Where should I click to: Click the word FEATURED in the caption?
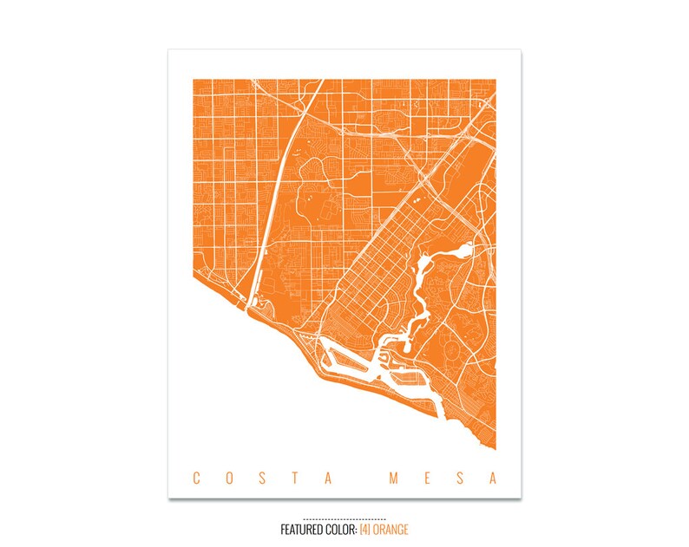(302, 529)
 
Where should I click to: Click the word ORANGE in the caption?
(391, 529)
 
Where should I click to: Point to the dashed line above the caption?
(344, 518)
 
